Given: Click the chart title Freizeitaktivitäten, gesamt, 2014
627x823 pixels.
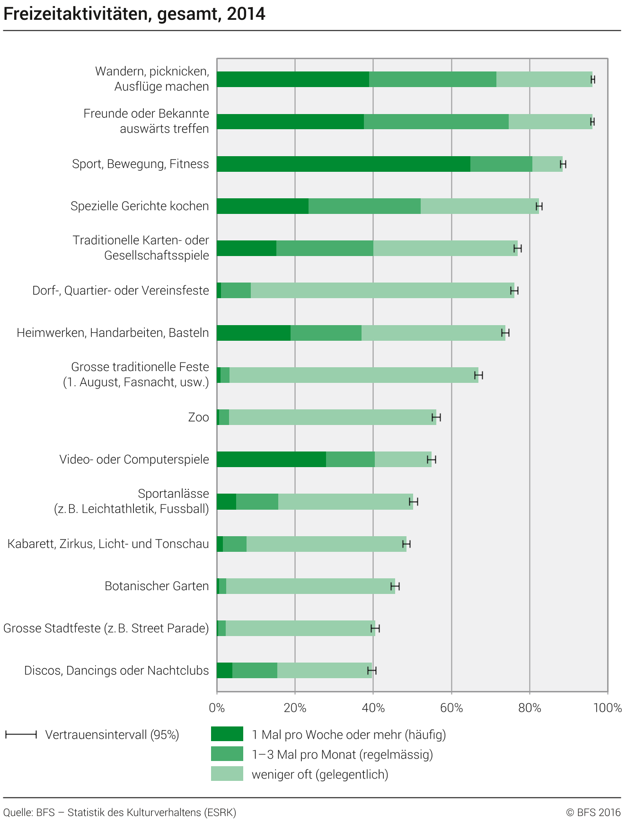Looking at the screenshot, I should pyautogui.click(x=134, y=14).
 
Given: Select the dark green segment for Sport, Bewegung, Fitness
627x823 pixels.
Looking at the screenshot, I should pyautogui.click(x=344, y=164).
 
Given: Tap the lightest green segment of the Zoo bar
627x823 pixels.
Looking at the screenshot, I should pyautogui.click(x=332, y=417).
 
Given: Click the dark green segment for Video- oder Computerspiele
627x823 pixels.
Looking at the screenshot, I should pyautogui.click(x=271, y=459).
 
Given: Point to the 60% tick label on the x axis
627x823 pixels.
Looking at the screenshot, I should pyautogui.click(x=451, y=708).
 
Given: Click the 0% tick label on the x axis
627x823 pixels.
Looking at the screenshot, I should pyautogui.click(x=217, y=708).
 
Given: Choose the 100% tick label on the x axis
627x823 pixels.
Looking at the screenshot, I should pyautogui.click(x=607, y=708).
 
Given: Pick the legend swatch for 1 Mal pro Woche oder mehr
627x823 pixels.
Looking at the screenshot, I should pyautogui.click(x=227, y=734).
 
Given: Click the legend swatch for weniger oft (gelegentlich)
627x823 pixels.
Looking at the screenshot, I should pyautogui.click(x=227, y=774).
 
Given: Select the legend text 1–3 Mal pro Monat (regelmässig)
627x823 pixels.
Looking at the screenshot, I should pyautogui.click(x=342, y=754).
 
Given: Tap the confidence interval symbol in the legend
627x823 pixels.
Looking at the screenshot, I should pyautogui.click(x=21, y=735).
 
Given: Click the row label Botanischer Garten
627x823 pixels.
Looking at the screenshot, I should pyautogui.click(x=157, y=586).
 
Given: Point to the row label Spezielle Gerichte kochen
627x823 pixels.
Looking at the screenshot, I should pyautogui.click(x=140, y=206).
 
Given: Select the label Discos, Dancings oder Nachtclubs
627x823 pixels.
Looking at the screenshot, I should pyautogui.click(x=116, y=670).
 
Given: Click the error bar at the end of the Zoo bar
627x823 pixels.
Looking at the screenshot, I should pyautogui.click(x=436, y=417).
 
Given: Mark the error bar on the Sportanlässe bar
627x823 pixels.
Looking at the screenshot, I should pyautogui.click(x=414, y=502).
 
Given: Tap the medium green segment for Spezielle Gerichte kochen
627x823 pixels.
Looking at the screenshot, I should pyautogui.click(x=364, y=206).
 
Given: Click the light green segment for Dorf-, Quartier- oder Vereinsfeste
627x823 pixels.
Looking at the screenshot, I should pyautogui.click(x=382, y=290).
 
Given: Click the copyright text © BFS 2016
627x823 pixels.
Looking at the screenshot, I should pyautogui.click(x=593, y=813).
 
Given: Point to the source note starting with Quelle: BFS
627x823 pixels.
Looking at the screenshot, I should pyautogui.click(x=120, y=813).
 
